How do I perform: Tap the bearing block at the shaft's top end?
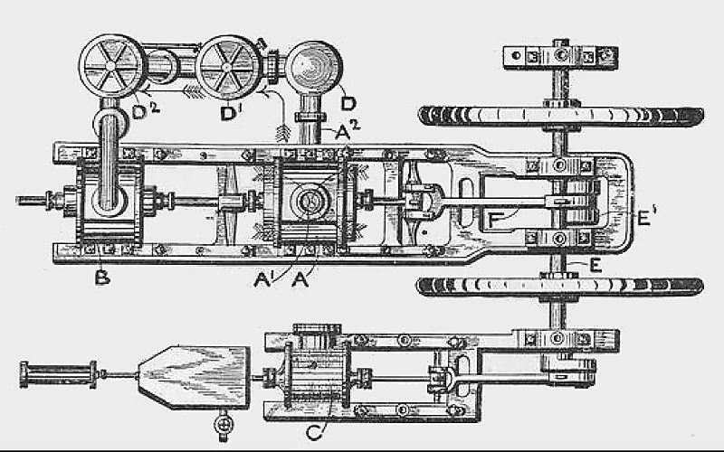pyautogui.click(x=562, y=54)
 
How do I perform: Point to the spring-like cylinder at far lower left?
pyautogui.click(x=59, y=372)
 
